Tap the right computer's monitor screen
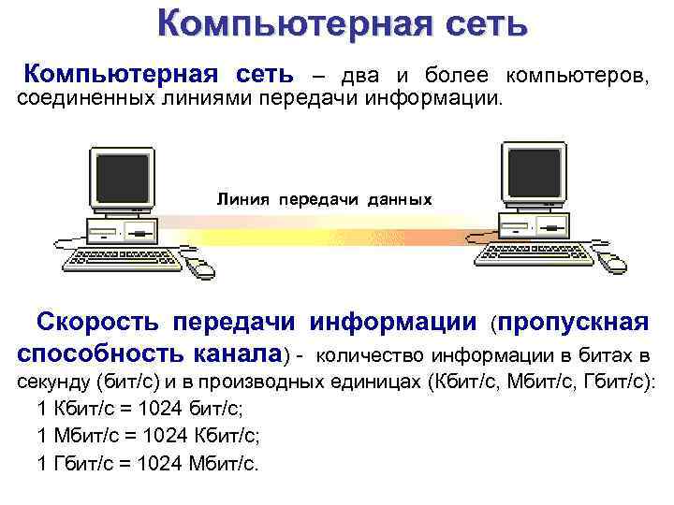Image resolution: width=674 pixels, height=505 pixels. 535,169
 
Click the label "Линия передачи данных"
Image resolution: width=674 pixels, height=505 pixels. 325,200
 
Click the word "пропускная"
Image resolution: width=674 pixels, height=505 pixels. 574,323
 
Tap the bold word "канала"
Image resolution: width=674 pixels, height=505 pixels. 239,354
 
